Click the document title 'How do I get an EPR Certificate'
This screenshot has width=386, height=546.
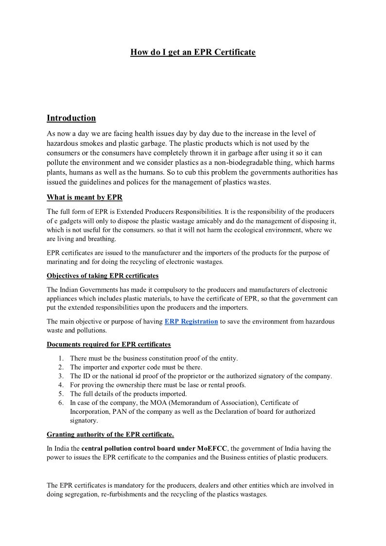pos(193,52)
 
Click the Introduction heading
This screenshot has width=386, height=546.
pos(71,118)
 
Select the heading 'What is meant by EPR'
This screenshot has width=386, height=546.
pos(85,197)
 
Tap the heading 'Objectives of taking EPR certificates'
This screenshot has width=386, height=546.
pos(103,276)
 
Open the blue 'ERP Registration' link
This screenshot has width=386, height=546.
pos(191,321)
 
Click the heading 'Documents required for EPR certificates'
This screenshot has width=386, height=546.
pos(108,344)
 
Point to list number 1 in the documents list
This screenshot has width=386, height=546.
pos(61,358)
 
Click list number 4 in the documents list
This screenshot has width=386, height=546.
pos(61,385)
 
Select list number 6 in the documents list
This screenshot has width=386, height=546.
pos(61,403)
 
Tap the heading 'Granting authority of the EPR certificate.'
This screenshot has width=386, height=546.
pos(110,434)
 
